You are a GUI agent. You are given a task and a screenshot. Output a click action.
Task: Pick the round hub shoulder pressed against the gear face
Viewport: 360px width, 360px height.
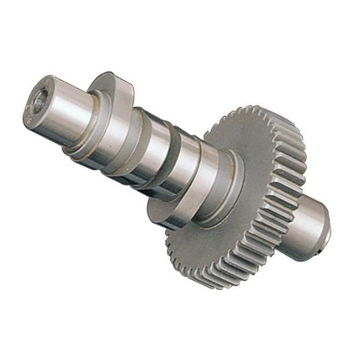tap(229, 183)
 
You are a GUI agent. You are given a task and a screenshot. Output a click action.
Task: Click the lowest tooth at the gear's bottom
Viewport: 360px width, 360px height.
tap(207, 284)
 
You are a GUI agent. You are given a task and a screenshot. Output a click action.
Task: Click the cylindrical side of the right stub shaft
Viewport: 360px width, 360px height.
tap(305, 223)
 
